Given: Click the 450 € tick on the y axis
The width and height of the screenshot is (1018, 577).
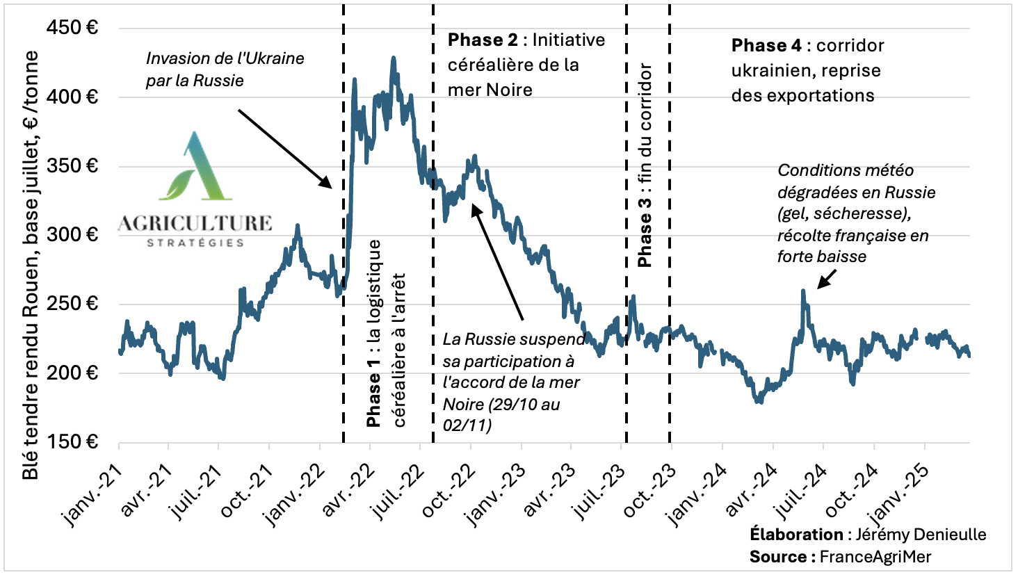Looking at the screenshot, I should coord(72,28).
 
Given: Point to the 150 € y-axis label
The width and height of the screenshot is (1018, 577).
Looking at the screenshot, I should coord(72,442).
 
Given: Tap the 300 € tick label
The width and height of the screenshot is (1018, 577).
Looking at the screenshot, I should coord(72,235).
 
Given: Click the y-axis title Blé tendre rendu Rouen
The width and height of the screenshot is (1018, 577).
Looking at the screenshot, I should coord(31,264).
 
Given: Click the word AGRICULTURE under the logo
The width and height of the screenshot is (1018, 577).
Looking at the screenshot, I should coord(195,223).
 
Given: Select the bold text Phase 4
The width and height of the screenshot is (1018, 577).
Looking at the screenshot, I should coord(766,46).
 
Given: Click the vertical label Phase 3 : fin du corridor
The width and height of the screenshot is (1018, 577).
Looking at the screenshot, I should coord(645,165).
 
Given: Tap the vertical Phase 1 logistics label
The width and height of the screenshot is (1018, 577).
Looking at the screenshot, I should coord(385,334).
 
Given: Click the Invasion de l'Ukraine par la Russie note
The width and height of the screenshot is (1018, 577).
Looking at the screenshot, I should coord(225,69).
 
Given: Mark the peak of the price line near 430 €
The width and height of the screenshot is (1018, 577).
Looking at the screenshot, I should coord(394,58).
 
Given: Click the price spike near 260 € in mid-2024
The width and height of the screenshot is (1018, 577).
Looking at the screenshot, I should coord(803,291).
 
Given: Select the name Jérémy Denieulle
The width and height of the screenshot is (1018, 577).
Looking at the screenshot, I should coord(920,535).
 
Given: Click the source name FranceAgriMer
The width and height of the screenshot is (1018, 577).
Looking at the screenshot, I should coord(875,557).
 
